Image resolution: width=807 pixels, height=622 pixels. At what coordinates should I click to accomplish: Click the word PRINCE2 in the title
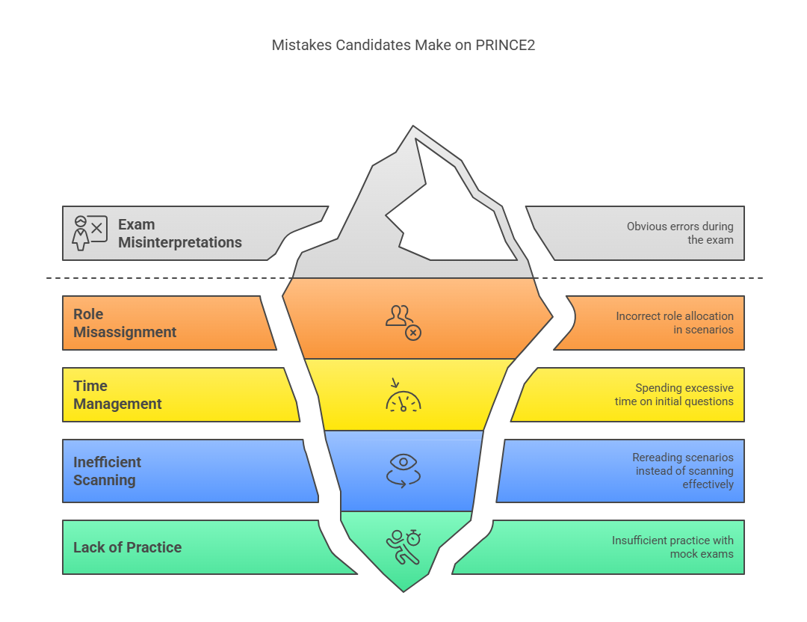pos(505,45)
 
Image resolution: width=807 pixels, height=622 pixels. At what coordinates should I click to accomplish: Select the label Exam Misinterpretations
pos(179,233)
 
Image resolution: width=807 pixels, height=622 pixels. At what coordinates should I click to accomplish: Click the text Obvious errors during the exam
pos(680,233)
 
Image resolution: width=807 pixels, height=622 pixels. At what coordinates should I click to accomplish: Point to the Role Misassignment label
pos(125,323)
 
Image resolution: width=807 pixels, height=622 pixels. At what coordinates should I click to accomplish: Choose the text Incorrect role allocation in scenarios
pos(674,323)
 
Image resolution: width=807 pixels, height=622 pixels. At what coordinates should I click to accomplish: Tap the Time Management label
pos(117,395)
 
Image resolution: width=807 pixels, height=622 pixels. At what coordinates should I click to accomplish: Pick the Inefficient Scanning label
pos(107,471)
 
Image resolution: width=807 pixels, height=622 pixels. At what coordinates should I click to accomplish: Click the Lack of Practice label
pos(127,547)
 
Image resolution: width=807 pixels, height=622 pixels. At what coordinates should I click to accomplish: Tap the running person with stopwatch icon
pos(403,546)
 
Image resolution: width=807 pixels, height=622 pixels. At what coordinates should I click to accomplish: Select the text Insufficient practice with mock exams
pos(672,547)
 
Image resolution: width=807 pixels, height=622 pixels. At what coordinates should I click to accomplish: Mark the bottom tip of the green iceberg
pos(403,589)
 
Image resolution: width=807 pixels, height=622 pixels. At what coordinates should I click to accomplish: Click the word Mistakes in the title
pos(300,45)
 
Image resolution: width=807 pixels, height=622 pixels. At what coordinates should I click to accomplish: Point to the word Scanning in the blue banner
pos(105,480)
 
